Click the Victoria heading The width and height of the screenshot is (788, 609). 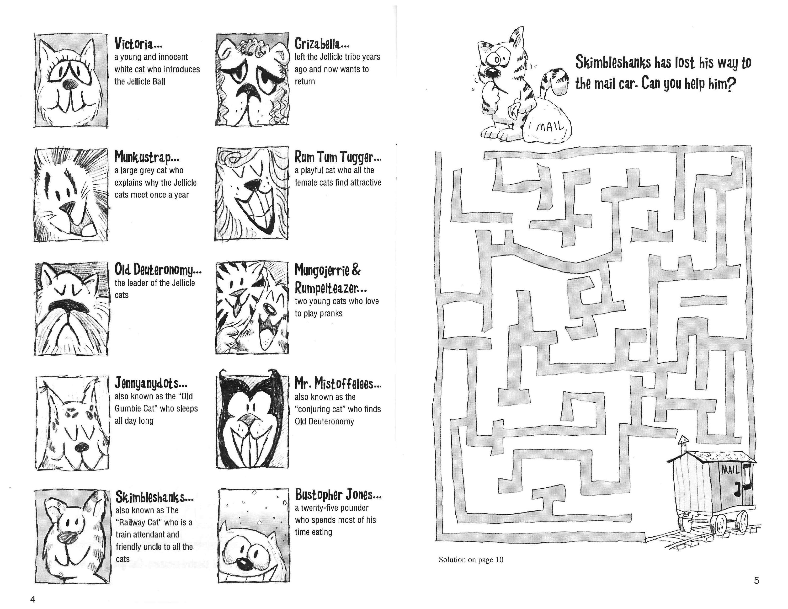[x=138, y=44]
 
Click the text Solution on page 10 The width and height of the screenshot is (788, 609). [x=471, y=560]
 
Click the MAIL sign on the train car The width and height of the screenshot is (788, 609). [x=730, y=470]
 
